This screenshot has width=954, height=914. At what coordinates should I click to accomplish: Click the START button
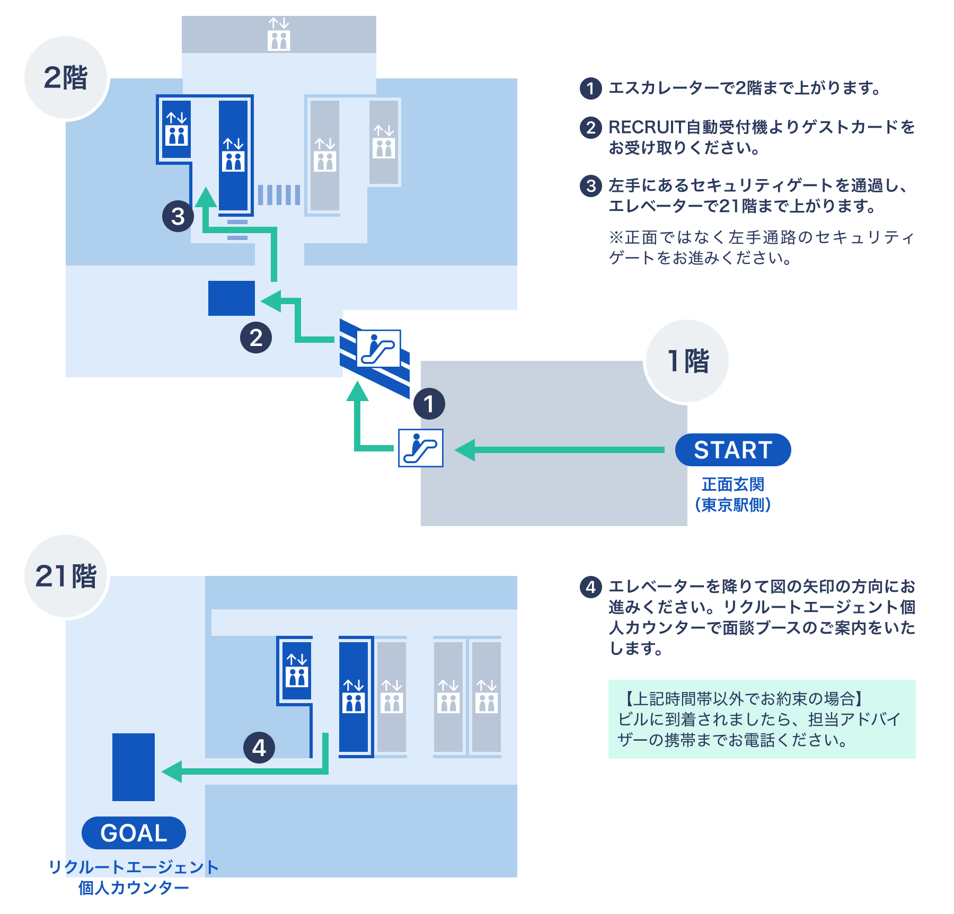(x=732, y=450)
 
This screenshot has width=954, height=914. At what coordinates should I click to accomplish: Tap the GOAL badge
(x=134, y=833)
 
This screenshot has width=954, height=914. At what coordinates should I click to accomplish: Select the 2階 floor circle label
(x=66, y=78)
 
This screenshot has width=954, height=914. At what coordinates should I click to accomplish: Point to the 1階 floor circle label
(x=687, y=361)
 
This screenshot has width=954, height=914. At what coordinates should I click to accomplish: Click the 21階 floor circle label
(x=66, y=576)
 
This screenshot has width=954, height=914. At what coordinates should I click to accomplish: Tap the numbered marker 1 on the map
(x=429, y=404)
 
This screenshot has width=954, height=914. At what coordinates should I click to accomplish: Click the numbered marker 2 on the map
(x=256, y=338)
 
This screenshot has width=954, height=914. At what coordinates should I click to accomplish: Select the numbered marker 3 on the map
(x=178, y=216)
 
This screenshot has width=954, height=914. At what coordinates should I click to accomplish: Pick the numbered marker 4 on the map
(x=259, y=748)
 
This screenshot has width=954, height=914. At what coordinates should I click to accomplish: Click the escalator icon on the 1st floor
(x=420, y=448)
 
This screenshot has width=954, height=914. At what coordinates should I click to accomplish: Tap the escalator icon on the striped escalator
(x=378, y=348)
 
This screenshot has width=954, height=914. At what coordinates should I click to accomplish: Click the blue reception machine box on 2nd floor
(x=231, y=298)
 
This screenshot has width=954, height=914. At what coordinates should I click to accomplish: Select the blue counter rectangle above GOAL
(x=134, y=767)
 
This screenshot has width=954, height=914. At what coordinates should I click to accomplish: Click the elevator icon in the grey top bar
(x=279, y=34)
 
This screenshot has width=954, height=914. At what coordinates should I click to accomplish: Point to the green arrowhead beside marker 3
(x=206, y=198)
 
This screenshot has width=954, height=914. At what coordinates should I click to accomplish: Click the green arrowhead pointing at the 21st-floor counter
(x=172, y=771)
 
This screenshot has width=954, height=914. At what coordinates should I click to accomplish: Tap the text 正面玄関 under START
(x=732, y=484)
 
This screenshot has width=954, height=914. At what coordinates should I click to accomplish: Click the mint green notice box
(x=762, y=719)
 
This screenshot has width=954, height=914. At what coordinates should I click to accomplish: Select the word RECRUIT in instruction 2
(x=647, y=127)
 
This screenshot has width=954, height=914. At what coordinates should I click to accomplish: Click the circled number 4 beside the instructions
(x=590, y=587)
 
